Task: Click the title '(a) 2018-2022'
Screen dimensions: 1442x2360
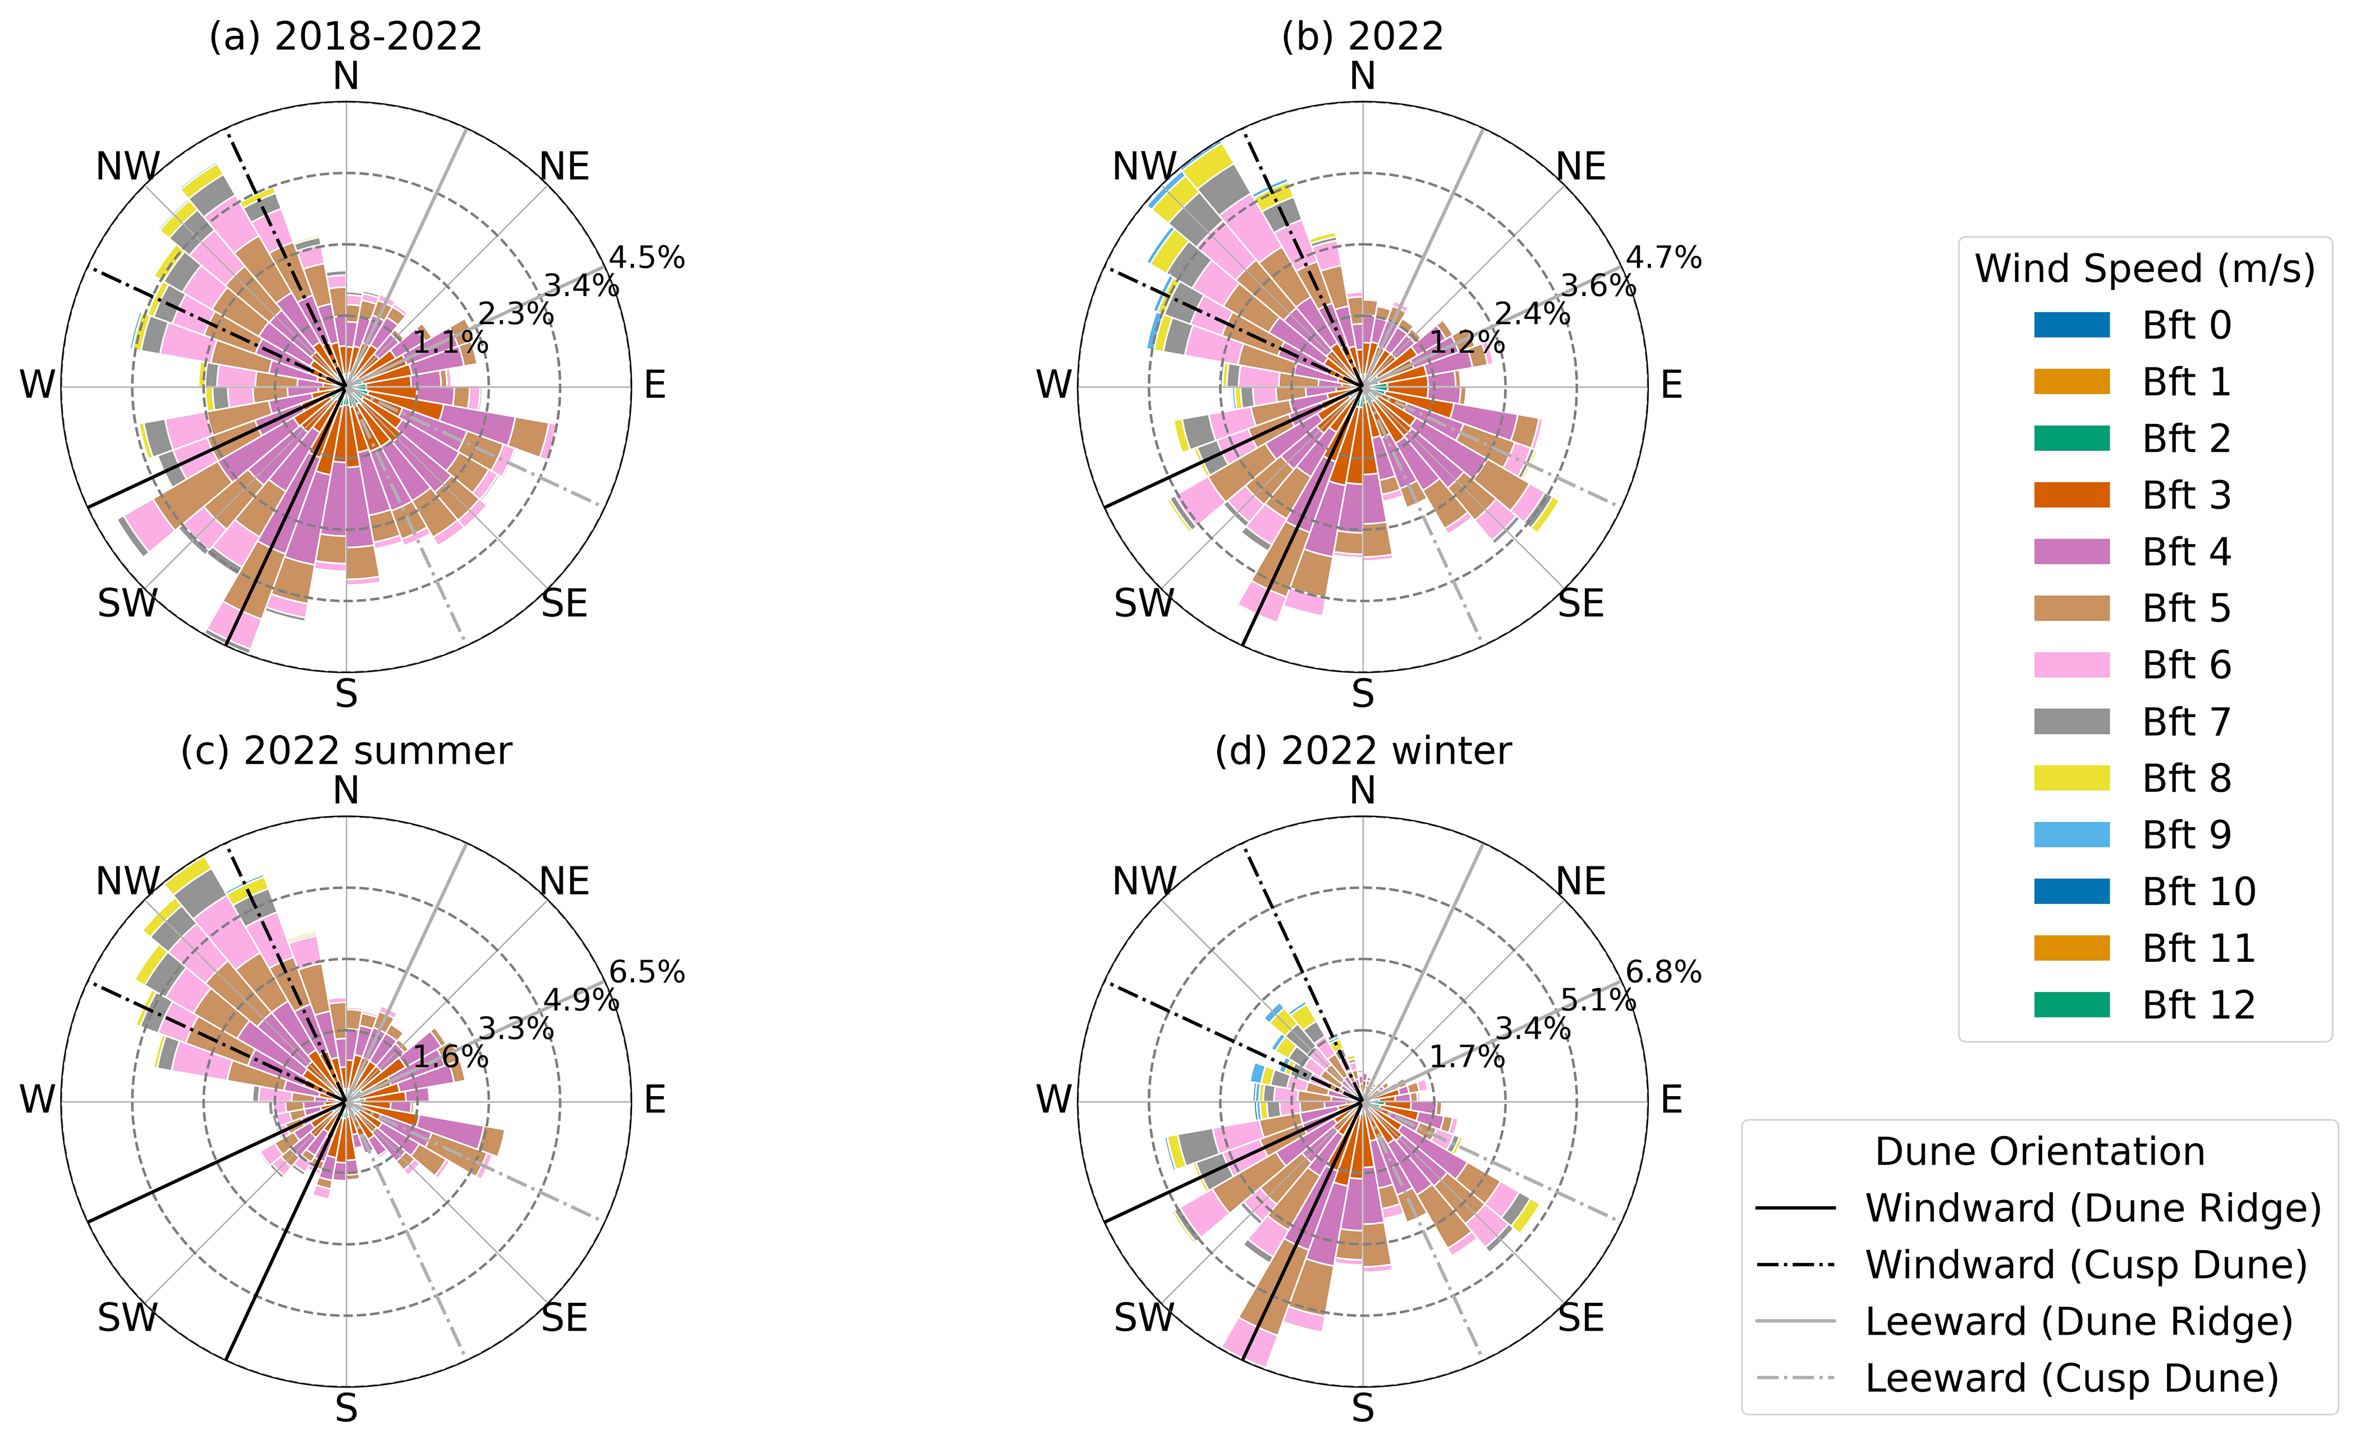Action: pos(346,36)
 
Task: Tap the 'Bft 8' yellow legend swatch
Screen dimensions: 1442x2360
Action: pos(2072,778)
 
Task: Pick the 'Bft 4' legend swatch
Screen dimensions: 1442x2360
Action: pos(2072,552)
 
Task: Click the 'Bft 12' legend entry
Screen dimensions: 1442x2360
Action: pos(2198,1005)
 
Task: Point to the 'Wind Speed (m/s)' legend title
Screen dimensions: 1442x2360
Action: pos(2144,269)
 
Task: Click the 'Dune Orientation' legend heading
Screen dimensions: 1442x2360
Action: pos(2039,1152)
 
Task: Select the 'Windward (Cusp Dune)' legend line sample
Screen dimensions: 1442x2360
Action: pos(1795,1266)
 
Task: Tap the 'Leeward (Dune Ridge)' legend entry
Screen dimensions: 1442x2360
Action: pos(2078,1322)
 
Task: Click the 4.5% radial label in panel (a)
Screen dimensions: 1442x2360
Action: pos(648,258)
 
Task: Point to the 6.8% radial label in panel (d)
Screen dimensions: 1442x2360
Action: pos(1664,973)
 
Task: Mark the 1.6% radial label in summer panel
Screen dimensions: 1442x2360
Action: pos(450,1058)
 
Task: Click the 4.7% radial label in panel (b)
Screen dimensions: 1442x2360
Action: pos(1664,258)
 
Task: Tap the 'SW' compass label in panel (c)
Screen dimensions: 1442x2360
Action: pos(127,1318)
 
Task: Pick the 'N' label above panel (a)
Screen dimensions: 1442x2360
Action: pos(346,77)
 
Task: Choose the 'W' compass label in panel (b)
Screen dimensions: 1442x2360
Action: pos(1053,385)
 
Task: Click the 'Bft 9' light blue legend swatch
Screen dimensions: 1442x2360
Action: pos(2072,834)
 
